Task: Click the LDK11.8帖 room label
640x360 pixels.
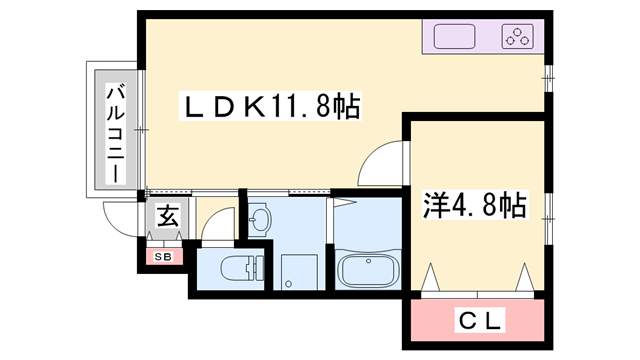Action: (270, 104)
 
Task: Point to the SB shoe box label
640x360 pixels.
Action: (162, 257)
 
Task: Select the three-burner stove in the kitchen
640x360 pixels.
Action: (518, 39)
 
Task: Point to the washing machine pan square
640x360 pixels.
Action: (297, 271)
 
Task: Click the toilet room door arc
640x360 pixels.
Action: (218, 226)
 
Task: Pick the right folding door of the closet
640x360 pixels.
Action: (524, 276)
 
